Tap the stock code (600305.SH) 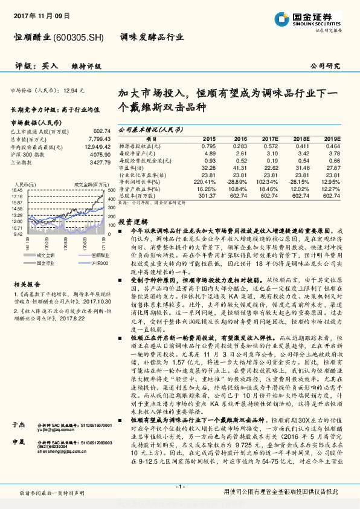[79, 37]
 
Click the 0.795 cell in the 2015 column [208, 146]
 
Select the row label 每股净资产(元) [138, 154]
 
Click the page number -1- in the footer [179, 487]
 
